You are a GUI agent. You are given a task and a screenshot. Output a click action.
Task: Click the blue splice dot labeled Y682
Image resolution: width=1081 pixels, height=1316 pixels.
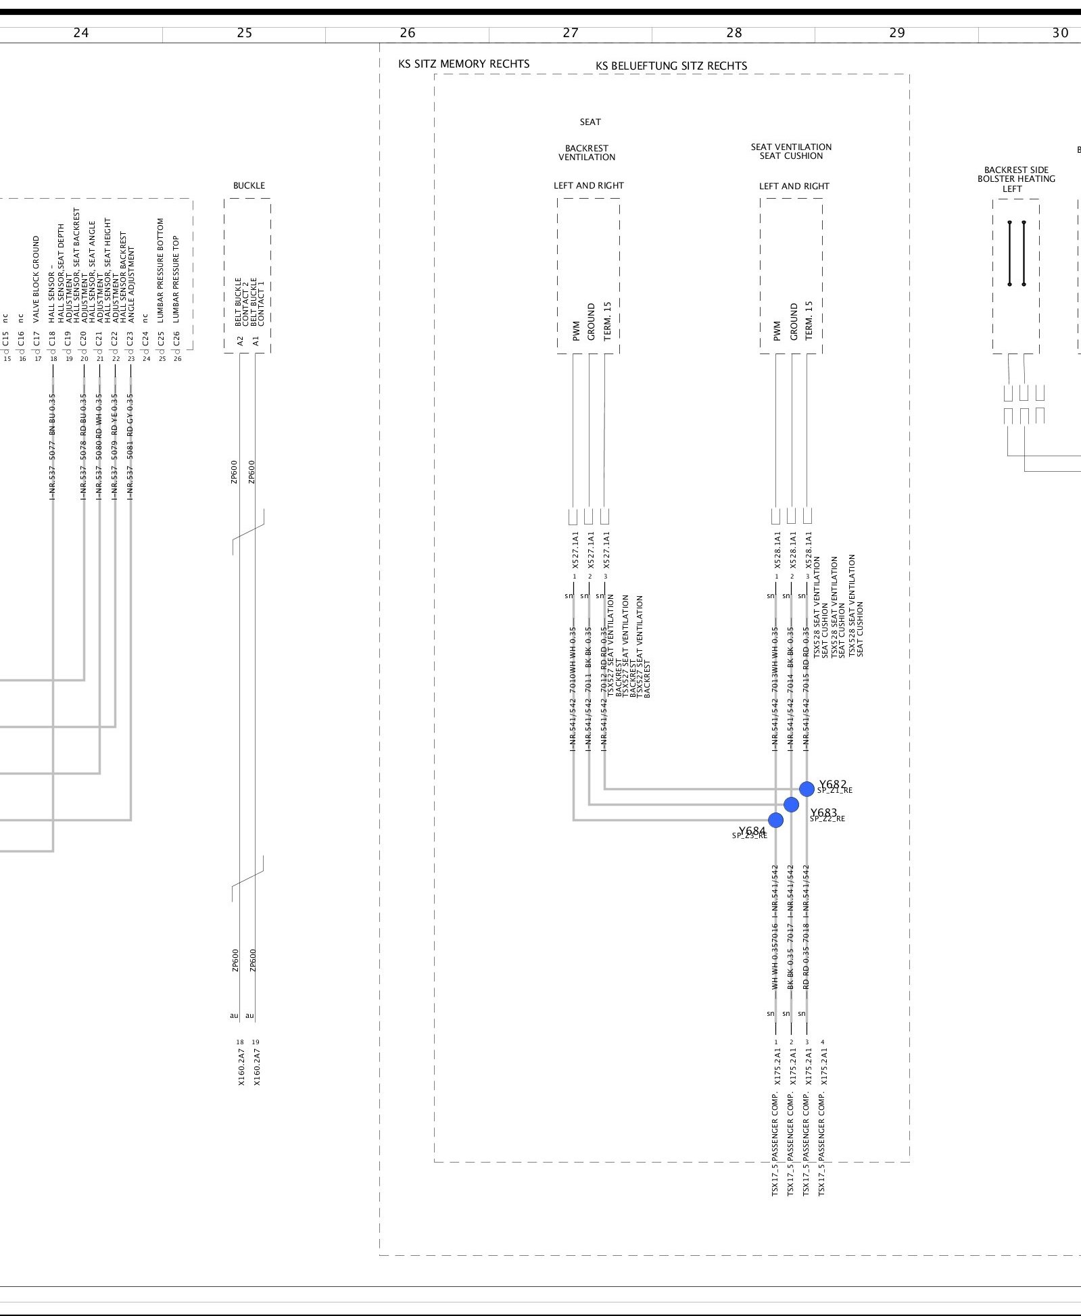pyautogui.click(x=807, y=789)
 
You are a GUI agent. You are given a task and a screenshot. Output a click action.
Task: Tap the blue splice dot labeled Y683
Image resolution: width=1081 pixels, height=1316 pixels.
pyautogui.click(x=791, y=804)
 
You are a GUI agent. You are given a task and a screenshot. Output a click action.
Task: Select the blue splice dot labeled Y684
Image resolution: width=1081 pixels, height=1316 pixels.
pyautogui.click(x=776, y=820)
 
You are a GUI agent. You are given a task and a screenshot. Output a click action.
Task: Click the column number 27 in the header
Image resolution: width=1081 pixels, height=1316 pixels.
pyautogui.click(x=571, y=32)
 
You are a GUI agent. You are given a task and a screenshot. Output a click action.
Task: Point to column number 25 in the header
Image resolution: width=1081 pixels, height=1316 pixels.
pyautogui.click(x=245, y=32)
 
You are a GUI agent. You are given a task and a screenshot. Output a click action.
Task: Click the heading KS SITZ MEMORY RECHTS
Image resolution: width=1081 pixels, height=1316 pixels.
pyautogui.click(x=464, y=64)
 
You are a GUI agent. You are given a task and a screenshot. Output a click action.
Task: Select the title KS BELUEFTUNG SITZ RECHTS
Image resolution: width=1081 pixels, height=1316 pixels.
pyautogui.click(x=671, y=66)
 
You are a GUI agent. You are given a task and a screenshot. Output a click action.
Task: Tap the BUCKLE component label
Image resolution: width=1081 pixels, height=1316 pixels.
pyautogui.click(x=249, y=185)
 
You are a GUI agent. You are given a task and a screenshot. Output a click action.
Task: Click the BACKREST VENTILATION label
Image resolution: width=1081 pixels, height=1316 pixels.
pyautogui.click(x=587, y=153)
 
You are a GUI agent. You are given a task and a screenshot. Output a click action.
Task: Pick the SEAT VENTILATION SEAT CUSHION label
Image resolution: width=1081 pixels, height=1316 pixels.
pyautogui.click(x=791, y=151)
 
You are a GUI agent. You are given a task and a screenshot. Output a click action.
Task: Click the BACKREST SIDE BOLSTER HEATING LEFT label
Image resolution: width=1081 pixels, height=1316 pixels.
pyautogui.click(x=1016, y=179)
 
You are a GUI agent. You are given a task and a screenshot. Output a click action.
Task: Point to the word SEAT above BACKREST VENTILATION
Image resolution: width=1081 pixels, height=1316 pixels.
pyautogui.click(x=590, y=122)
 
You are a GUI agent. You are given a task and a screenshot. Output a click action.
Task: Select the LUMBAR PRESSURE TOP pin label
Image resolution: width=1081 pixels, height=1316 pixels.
pyautogui.click(x=176, y=278)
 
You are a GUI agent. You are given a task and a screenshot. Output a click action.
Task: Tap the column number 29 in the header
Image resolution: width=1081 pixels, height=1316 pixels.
pyautogui.click(x=896, y=32)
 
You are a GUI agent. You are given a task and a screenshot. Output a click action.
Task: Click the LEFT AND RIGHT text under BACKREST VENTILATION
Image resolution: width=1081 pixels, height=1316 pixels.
pyautogui.click(x=589, y=185)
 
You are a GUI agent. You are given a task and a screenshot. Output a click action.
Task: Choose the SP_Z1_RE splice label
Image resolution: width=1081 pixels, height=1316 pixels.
pyautogui.click(x=835, y=790)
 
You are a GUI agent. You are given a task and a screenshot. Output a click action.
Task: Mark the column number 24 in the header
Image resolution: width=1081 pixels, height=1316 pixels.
pyautogui.click(x=80, y=32)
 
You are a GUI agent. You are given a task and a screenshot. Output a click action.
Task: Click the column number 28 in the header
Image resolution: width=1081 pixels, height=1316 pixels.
pyautogui.click(x=734, y=32)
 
